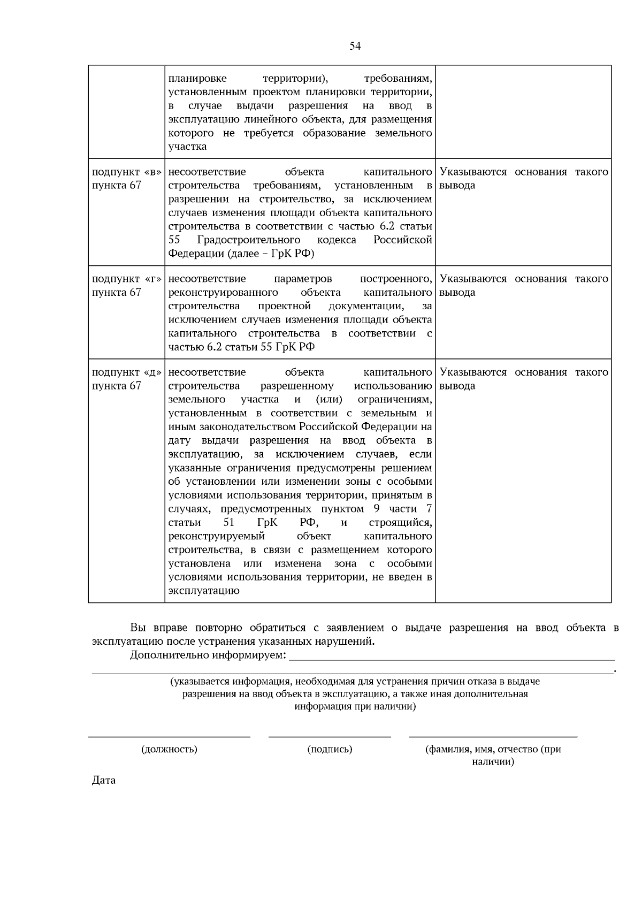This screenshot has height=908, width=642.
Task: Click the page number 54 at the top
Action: [x=355, y=46]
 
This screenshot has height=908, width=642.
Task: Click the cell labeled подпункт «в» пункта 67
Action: [x=126, y=179]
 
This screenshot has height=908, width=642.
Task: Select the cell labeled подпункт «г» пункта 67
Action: [x=126, y=286]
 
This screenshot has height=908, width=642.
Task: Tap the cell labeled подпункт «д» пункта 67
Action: [x=126, y=379]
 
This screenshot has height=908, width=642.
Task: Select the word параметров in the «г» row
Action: [x=303, y=279]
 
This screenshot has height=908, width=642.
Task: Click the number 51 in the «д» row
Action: [x=228, y=523]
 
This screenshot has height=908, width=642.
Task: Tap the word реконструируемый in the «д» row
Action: [x=217, y=536]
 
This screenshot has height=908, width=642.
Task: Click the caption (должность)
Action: [x=169, y=749]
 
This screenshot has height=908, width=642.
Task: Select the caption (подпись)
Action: [x=330, y=749]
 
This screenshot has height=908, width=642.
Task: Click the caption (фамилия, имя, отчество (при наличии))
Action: [x=493, y=755]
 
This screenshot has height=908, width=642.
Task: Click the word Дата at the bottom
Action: [x=104, y=780]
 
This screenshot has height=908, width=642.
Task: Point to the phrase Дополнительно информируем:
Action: [x=208, y=655]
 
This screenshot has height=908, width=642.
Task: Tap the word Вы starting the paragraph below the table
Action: [x=137, y=628]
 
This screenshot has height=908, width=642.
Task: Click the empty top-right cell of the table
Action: [x=523, y=111]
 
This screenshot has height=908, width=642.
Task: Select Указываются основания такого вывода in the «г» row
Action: [x=523, y=286]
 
